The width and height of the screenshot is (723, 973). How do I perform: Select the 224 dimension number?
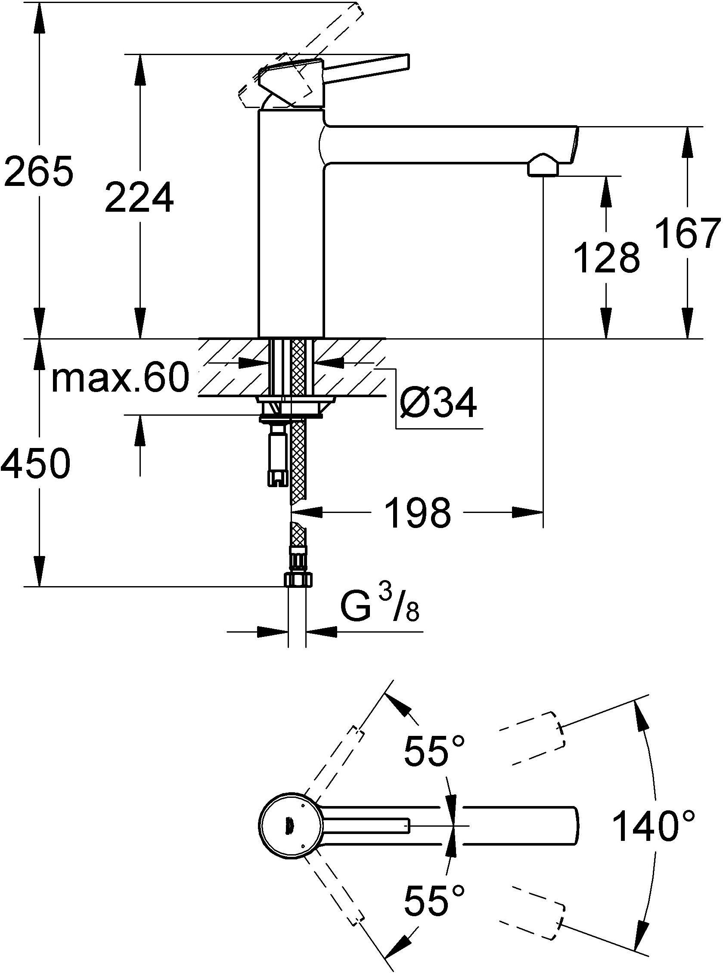pos(139,198)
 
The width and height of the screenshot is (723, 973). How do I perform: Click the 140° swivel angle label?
pos(652,826)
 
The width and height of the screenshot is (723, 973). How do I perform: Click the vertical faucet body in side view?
pos(291,227)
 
